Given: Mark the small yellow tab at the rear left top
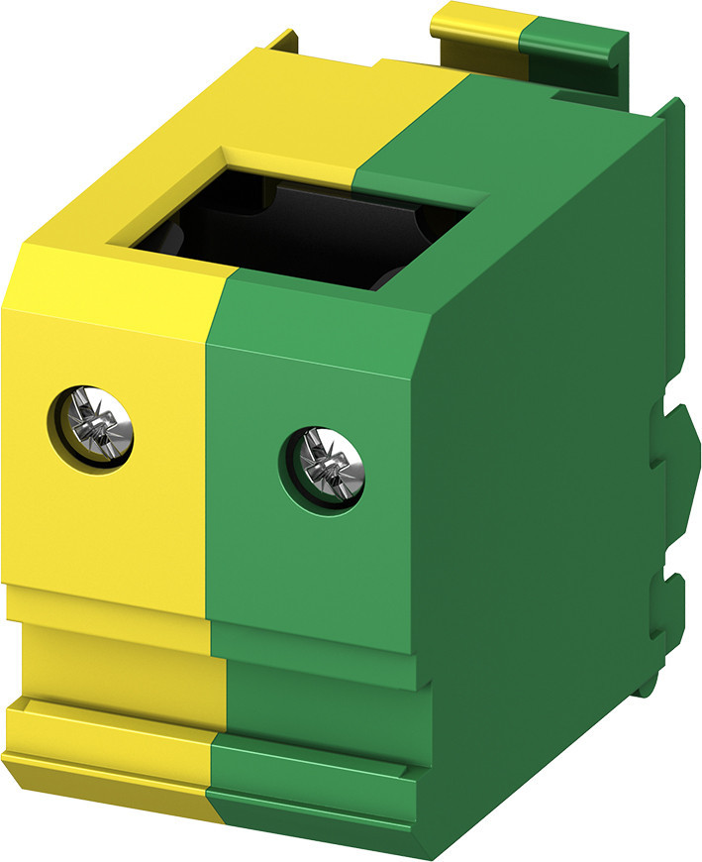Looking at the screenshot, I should tap(282, 42).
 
